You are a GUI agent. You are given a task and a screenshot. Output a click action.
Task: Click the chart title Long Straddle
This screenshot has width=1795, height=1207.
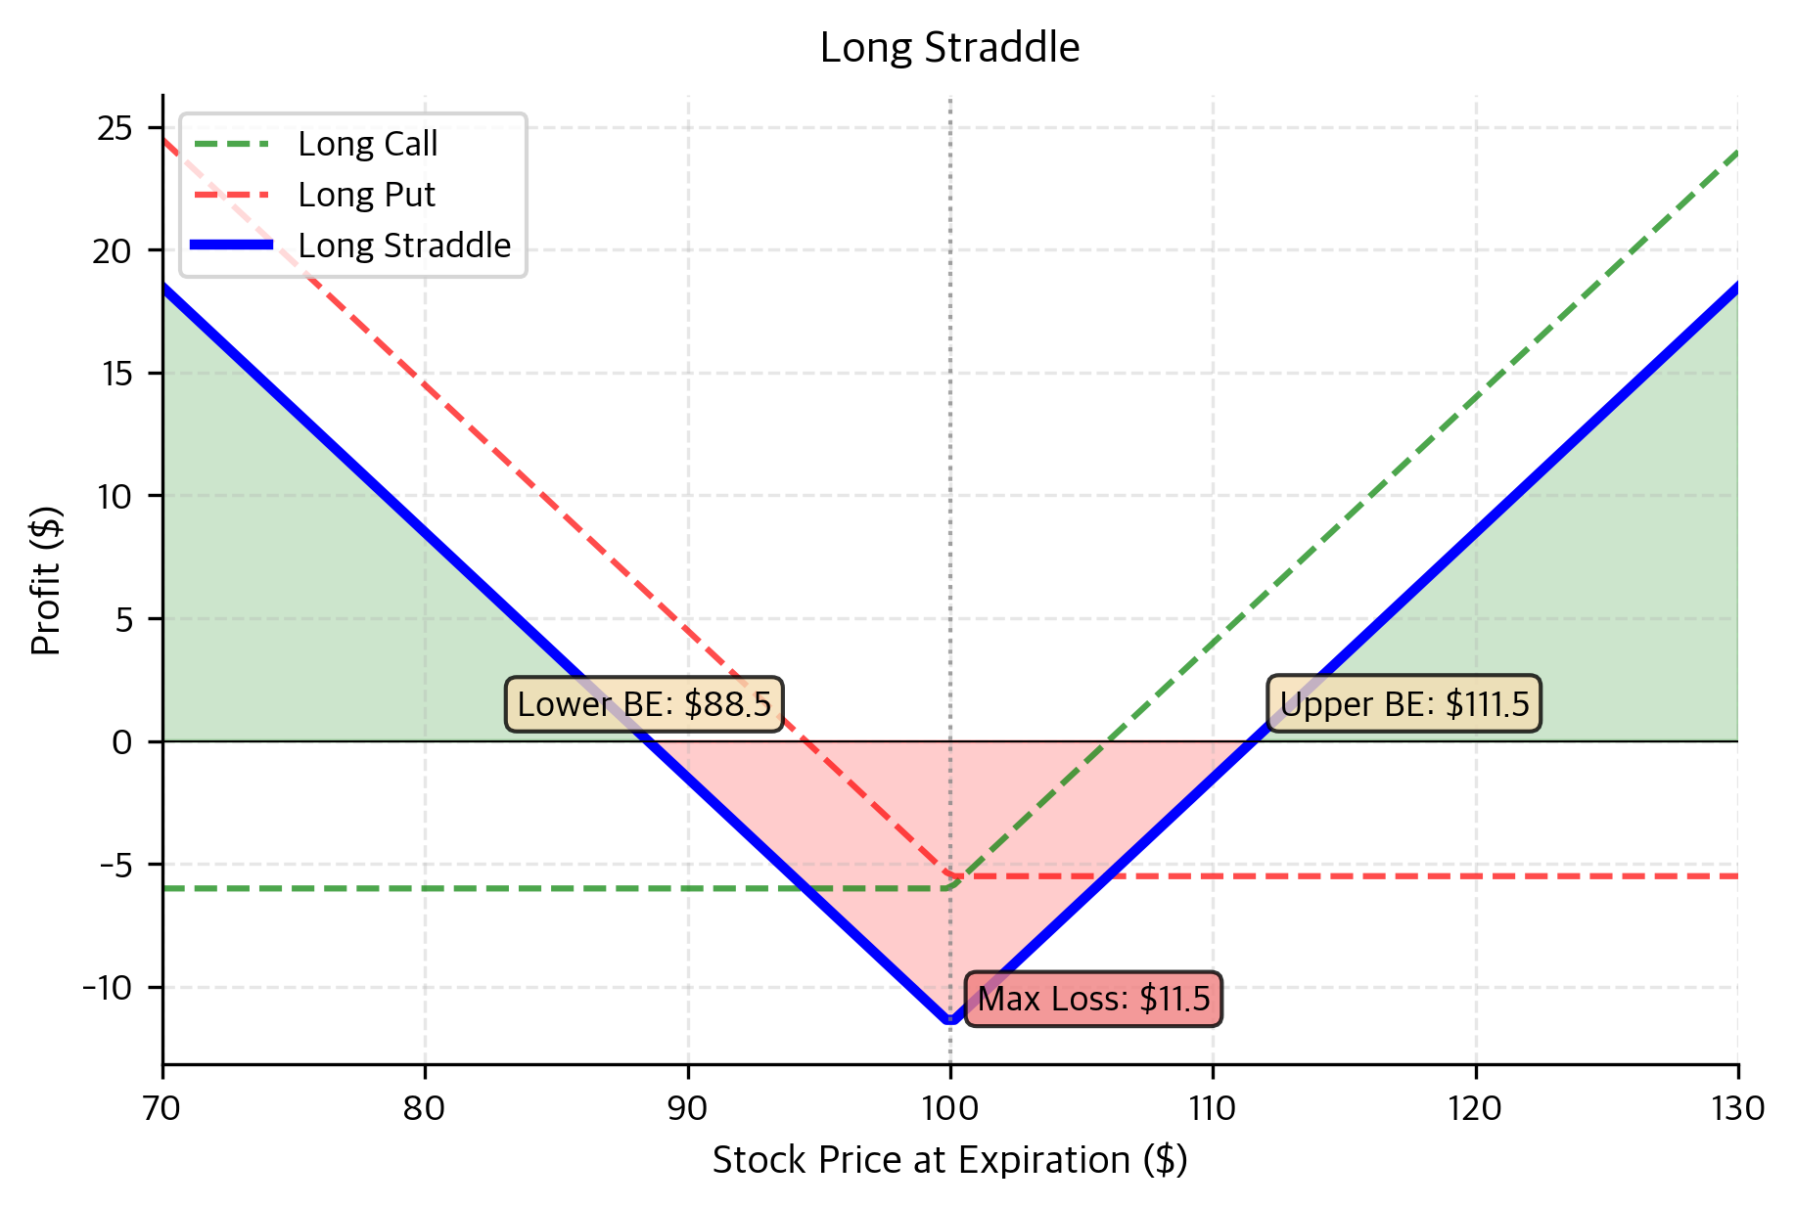click(949, 48)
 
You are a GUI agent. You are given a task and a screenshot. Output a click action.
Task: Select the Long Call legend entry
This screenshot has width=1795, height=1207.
click(367, 144)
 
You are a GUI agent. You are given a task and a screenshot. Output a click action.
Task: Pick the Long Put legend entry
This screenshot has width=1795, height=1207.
click(366, 195)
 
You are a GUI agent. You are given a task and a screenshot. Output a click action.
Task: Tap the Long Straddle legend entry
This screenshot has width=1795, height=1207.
click(404, 246)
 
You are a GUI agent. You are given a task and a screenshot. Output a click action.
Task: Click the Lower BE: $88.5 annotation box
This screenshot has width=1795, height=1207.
click(644, 704)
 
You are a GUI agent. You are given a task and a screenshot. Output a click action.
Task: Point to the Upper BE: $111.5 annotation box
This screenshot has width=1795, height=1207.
click(1404, 704)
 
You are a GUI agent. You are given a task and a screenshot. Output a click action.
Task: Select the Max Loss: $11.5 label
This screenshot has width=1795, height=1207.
click(1093, 999)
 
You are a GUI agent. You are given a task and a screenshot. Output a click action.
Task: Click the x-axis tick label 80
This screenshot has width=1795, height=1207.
click(425, 1109)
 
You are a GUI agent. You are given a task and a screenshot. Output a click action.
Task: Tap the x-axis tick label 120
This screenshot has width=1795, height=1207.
click(1475, 1109)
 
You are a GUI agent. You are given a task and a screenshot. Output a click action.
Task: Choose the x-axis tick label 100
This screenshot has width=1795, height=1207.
click(950, 1109)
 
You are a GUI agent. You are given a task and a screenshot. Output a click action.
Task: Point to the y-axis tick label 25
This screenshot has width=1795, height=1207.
click(115, 128)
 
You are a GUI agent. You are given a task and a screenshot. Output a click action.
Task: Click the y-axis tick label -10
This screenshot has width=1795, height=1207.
click(107, 988)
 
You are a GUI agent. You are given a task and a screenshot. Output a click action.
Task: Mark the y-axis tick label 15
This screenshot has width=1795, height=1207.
click(115, 374)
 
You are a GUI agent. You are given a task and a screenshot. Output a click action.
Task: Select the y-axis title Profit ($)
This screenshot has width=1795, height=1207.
click(47, 580)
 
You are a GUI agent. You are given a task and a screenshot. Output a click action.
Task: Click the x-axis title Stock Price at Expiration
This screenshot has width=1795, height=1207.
click(949, 1161)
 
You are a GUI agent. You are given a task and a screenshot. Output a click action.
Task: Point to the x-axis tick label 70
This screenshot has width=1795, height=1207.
click(162, 1109)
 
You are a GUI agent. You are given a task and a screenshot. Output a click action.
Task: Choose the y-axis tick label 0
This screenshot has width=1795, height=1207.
click(122, 742)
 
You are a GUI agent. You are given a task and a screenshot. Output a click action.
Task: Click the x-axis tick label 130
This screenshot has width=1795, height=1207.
click(1737, 1109)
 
